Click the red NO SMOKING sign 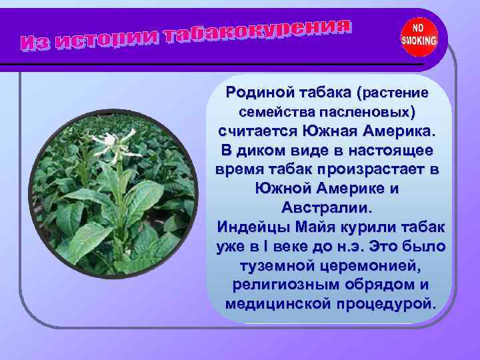pyautogui.click(x=419, y=35)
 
